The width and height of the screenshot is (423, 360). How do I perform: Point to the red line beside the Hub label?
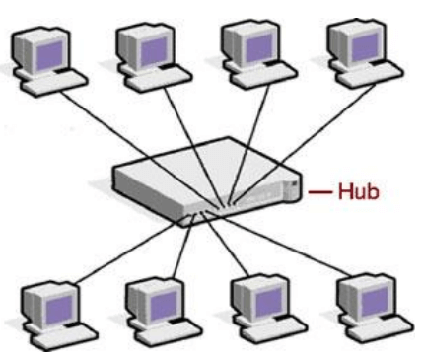click(x=320, y=190)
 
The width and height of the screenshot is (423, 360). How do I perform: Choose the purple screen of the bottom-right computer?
click(x=357, y=293)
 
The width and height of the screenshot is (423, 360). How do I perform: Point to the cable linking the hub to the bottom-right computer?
click(x=296, y=247)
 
